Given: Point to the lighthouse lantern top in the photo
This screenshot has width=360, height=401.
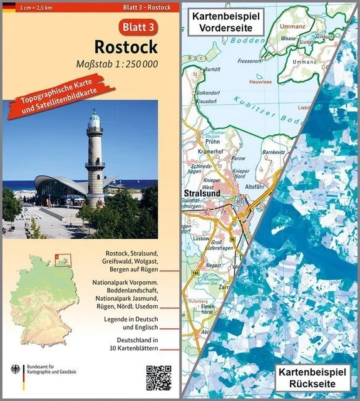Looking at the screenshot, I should [x=95, y=119].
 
